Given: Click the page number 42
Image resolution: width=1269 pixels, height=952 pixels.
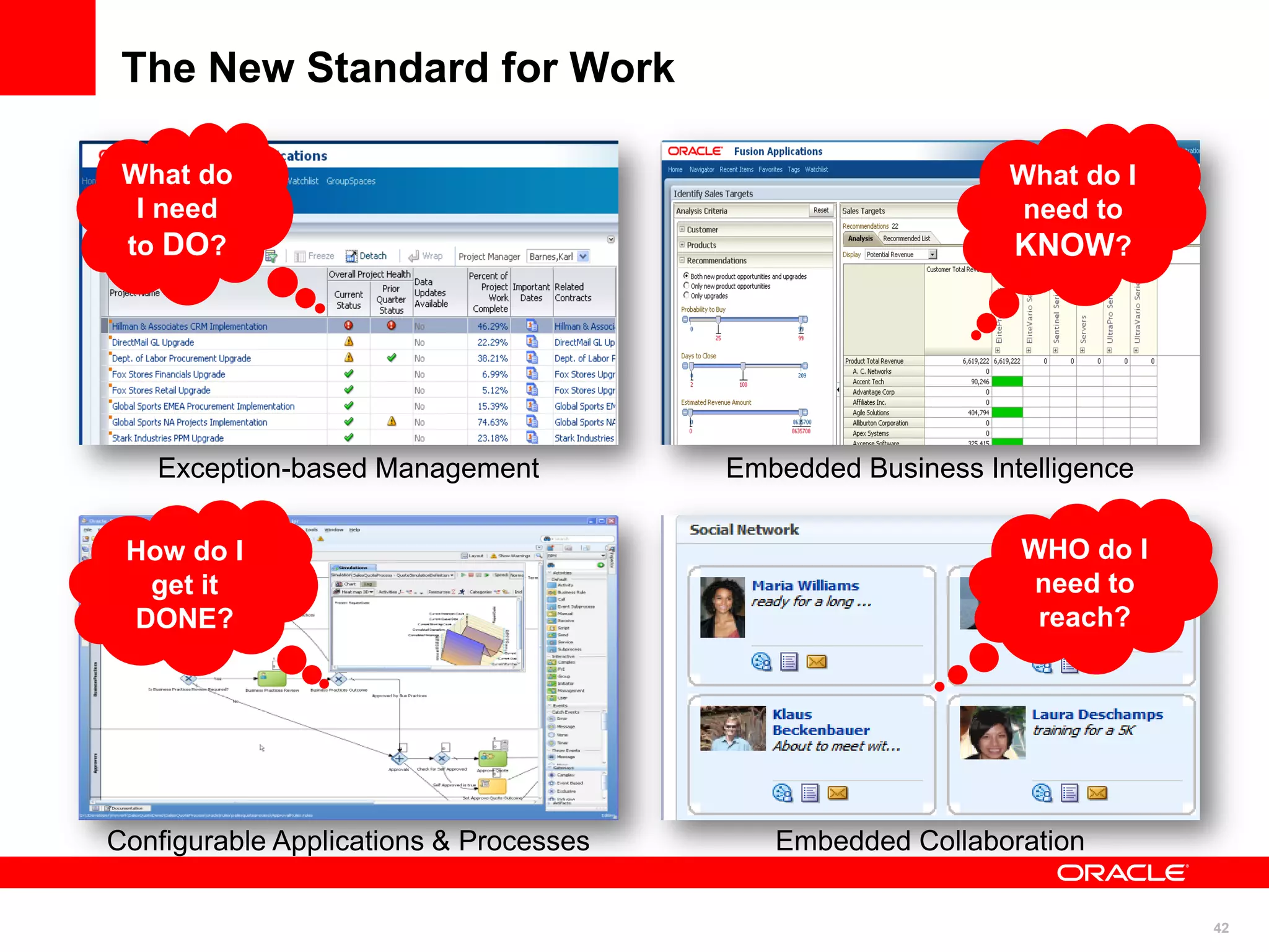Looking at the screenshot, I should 1221,928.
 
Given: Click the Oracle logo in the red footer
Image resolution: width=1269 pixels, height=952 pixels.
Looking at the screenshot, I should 1122,873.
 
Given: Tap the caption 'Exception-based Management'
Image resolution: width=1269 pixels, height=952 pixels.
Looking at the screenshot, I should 348,468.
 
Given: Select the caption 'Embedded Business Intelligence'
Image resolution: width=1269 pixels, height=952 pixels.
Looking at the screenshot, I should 929,468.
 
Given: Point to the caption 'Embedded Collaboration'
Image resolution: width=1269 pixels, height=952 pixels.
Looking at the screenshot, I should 929,841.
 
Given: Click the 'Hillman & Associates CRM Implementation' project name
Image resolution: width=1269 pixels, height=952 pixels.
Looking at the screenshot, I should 190,326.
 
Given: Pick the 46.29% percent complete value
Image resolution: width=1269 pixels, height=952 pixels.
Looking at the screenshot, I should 492,326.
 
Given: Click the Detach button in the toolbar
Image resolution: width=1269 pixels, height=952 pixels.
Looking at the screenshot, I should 366,256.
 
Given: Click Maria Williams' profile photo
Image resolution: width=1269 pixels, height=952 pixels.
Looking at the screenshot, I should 722,607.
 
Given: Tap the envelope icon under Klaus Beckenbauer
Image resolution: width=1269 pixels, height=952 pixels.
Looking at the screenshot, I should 837,793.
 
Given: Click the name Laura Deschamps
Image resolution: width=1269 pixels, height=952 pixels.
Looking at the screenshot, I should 1097,714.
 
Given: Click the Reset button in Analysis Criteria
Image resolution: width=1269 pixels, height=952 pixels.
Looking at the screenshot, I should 821,211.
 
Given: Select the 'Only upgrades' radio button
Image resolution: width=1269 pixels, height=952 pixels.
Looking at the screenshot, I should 686,296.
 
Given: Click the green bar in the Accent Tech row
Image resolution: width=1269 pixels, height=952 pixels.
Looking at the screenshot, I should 1007,382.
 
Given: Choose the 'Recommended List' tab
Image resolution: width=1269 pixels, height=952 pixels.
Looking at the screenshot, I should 906,239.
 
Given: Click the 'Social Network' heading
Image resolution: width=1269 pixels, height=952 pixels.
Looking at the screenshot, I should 744,530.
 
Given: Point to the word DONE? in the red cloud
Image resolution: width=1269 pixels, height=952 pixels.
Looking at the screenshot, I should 185,619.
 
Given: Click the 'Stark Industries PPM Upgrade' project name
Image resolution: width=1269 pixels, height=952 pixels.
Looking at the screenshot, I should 168,438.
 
